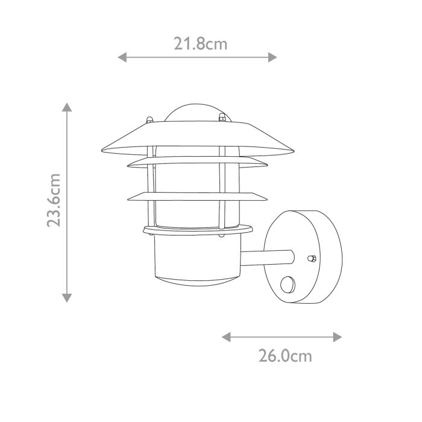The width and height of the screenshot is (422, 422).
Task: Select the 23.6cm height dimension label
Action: point(55,200)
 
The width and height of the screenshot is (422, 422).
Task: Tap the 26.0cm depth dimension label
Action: point(286,356)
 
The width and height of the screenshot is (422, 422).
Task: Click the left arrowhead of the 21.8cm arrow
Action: point(121,57)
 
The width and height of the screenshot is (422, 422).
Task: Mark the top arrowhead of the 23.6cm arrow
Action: point(67,108)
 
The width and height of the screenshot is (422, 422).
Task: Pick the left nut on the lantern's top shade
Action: point(149,116)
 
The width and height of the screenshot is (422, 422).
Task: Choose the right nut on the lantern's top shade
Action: point(222,116)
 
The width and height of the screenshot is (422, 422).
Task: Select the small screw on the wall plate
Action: point(312,258)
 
